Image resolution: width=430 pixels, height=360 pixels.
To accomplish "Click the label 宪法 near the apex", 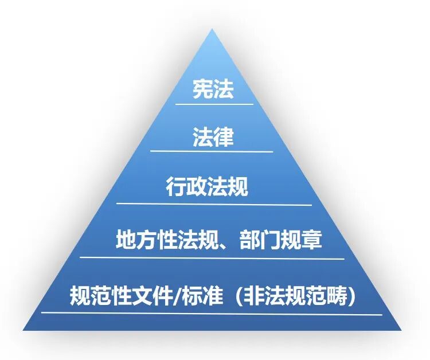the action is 213,89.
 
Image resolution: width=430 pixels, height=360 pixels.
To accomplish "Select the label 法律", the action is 213,138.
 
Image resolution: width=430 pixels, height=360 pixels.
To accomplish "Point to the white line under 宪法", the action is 214,104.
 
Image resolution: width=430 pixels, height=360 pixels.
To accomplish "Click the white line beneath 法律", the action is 212,151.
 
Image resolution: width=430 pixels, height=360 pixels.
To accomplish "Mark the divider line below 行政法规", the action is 214,204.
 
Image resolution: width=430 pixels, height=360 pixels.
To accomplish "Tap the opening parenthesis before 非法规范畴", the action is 236,296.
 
